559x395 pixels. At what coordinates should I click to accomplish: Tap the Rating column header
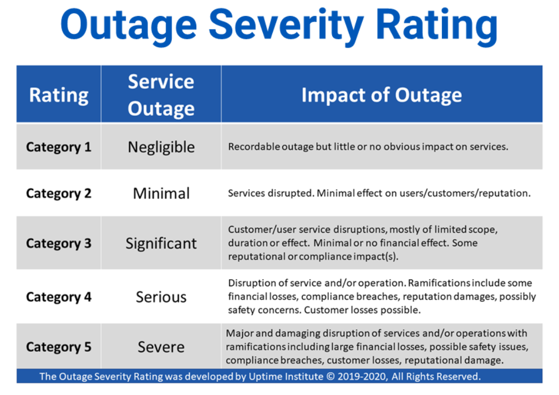point(59,95)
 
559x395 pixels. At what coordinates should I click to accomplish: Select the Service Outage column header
point(161,95)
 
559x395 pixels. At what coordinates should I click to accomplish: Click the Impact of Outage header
point(382,95)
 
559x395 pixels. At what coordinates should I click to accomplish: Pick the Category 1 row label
point(58,147)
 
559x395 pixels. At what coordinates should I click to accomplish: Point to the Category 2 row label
point(58,193)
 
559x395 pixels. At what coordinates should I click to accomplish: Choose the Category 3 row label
point(58,243)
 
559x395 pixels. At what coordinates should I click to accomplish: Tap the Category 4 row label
point(58,297)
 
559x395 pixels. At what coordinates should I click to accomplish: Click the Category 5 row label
point(58,347)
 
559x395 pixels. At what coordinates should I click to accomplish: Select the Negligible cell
point(161,147)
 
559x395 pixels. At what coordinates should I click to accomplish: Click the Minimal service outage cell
point(161,193)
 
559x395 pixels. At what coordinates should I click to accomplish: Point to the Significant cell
point(161,244)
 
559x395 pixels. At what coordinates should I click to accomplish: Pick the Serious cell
point(161,297)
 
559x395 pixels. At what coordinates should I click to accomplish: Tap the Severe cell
point(161,347)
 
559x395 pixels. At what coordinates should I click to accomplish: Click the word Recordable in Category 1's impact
point(254,147)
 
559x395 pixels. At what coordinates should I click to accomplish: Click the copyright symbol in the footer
point(331,377)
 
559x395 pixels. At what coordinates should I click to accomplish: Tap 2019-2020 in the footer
point(362,377)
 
